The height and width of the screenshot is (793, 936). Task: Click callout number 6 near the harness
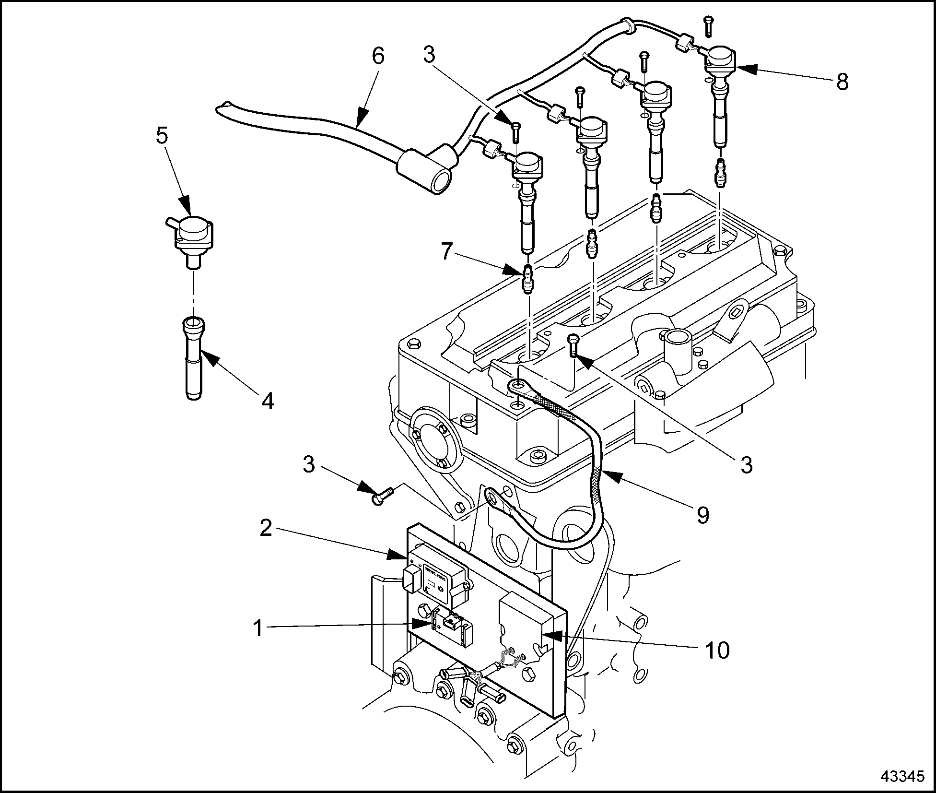(x=378, y=56)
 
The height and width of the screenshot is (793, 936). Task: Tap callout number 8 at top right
(x=842, y=82)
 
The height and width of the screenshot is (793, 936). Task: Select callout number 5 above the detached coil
(x=162, y=136)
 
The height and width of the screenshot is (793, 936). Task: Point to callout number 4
(x=268, y=401)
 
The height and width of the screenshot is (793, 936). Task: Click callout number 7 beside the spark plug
(x=446, y=251)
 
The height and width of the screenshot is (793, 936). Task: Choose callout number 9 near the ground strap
(x=702, y=515)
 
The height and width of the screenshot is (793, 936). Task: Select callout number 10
(x=716, y=650)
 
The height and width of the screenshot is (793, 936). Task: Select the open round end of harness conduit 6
(x=442, y=183)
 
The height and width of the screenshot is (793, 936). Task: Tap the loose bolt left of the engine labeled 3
(x=381, y=497)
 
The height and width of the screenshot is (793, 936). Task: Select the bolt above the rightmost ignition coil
(x=709, y=25)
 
